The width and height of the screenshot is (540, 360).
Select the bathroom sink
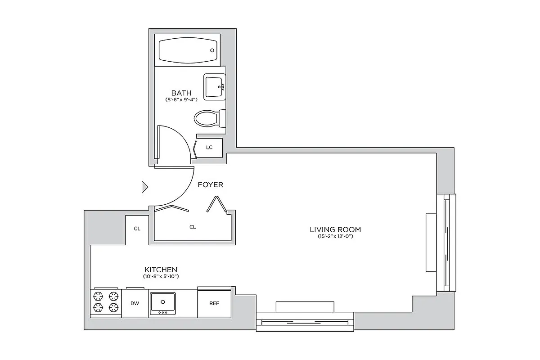(x=215, y=86)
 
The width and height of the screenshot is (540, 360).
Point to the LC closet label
(x=209, y=147)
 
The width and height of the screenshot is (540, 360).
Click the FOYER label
(x=210, y=184)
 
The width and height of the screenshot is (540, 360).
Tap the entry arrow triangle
(x=144, y=187)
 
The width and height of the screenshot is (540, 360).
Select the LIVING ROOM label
(x=335, y=229)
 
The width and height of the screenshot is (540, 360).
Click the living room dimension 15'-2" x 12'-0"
(x=335, y=237)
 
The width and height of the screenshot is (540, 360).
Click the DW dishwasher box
(x=135, y=303)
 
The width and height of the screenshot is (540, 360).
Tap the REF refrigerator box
(x=214, y=303)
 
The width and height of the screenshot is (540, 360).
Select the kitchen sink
(x=163, y=303)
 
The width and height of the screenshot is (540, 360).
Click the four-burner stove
(x=106, y=302)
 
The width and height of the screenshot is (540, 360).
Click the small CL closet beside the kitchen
(x=137, y=229)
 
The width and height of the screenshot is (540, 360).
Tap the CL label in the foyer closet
(x=193, y=227)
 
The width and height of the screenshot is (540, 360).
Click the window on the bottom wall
(x=305, y=322)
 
